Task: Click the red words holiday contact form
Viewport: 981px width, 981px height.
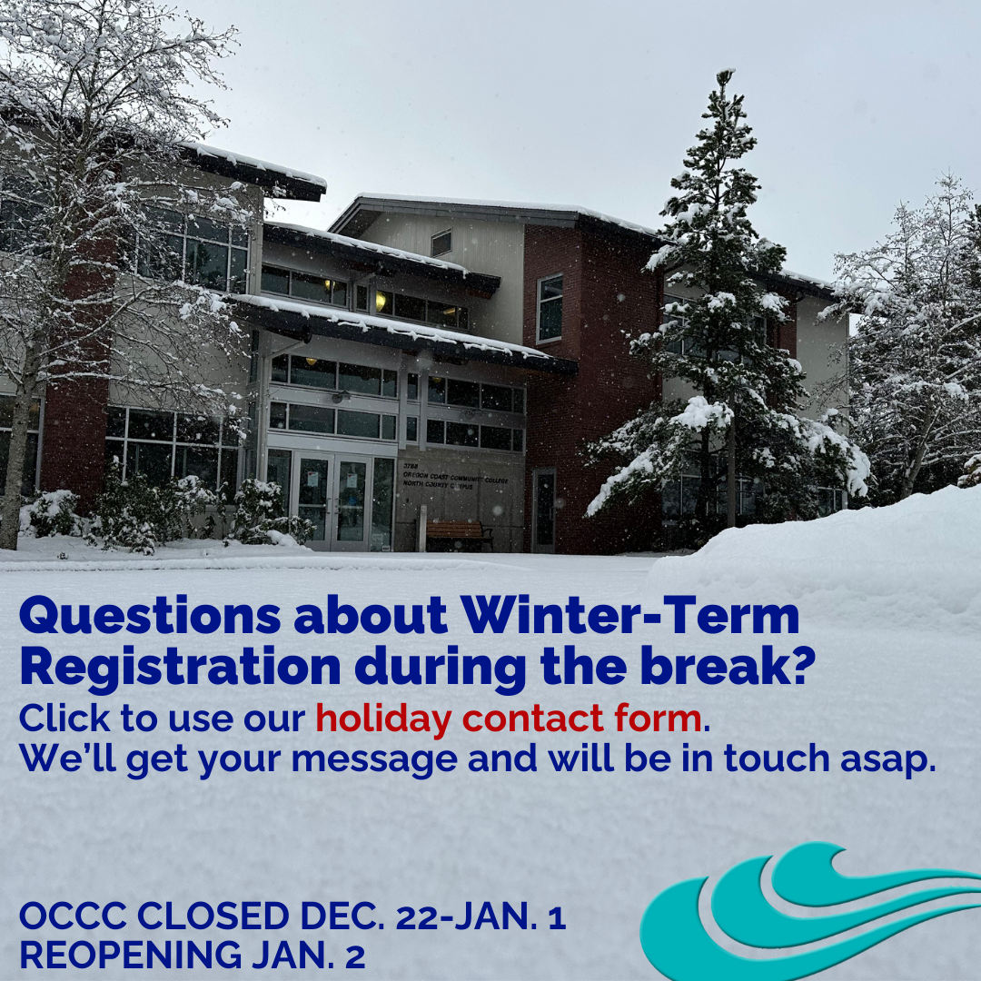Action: coord(508,718)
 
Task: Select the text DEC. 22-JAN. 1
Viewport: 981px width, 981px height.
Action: coord(433,917)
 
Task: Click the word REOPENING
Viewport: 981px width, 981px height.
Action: coord(131,955)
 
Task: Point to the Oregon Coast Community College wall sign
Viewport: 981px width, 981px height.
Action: coord(455,477)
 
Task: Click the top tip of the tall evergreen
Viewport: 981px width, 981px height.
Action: coord(725,71)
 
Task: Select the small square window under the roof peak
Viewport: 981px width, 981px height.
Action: coord(441,243)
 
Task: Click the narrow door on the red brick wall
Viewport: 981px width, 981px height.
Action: coord(544,510)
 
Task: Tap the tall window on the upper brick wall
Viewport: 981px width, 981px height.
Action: coord(550,309)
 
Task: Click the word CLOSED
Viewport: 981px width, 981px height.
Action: coord(214,917)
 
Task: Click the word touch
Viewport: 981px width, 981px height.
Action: coord(777,758)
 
